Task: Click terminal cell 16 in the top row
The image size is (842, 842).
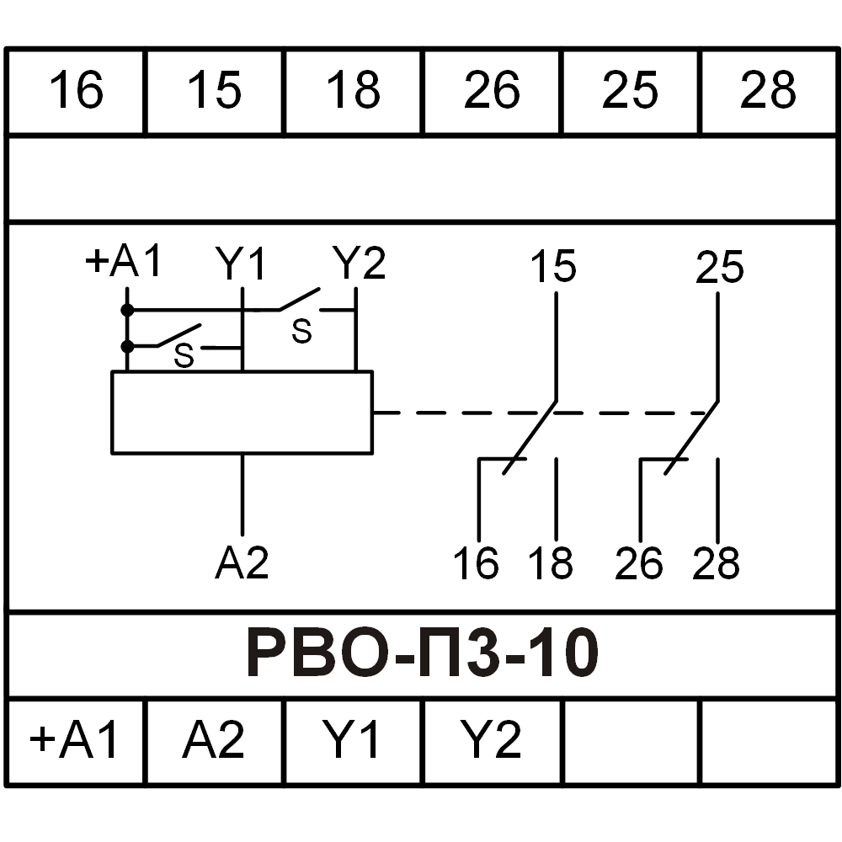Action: tap(76, 90)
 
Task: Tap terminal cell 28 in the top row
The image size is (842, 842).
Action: tap(768, 90)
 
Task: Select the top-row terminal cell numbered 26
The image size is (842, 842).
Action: tap(492, 90)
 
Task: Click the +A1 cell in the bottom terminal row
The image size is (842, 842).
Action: tap(76, 741)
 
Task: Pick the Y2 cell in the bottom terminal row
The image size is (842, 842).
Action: tap(492, 741)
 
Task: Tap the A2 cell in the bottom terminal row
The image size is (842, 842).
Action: tap(214, 741)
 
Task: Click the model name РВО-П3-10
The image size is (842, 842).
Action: tap(421, 655)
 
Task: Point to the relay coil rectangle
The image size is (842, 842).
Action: tap(242, 413)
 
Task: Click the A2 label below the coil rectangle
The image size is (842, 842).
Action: tap(242, 562)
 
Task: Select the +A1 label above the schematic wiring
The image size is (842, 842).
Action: tap(124, 263)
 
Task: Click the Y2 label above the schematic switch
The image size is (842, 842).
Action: tap(359, 264)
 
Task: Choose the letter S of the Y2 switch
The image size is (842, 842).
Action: tap(301, 332)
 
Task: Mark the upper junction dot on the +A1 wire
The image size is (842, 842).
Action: tap(127, 310)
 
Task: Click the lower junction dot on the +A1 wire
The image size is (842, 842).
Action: tap(127, 346)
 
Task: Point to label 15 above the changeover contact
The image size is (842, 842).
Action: tap(553, 268)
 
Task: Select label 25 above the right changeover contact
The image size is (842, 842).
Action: tap(720, 268)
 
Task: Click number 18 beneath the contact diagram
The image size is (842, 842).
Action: tap(552, 562)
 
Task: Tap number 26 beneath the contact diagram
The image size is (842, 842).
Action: tap(639, 562)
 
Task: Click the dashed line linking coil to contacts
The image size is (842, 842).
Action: tap(455, 413)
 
